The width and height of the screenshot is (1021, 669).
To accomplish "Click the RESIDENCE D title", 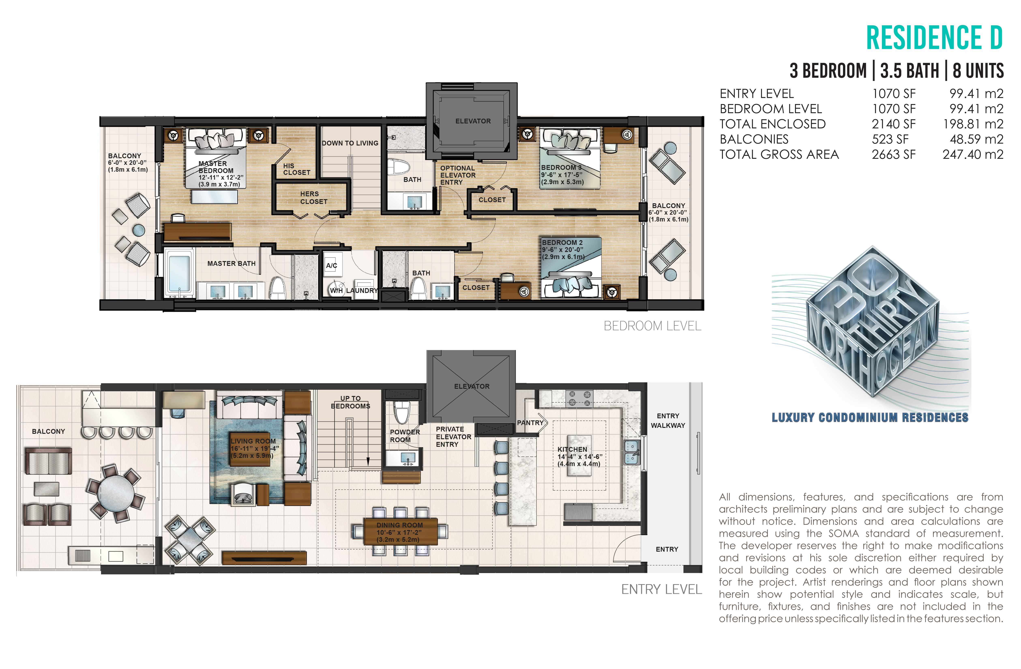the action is [934, 38].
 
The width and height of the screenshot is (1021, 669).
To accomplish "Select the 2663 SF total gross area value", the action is [894, 154].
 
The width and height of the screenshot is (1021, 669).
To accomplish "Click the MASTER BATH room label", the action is [231, 263].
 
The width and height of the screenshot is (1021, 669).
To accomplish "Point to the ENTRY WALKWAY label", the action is [668, 421].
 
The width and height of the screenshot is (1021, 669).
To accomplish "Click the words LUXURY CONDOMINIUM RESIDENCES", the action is [870, 417].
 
